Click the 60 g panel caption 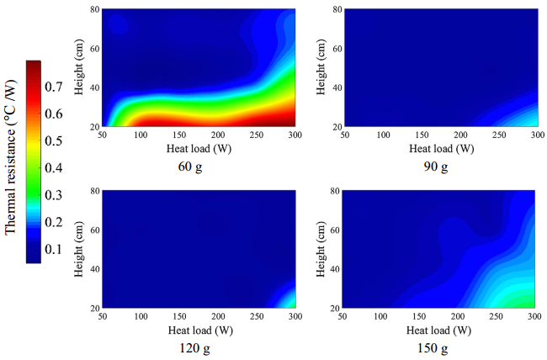199,166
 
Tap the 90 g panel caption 436,166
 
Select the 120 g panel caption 199,347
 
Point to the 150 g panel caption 436,347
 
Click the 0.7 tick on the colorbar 53,87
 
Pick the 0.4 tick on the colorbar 53,168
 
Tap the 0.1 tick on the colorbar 53,250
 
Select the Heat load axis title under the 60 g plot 199,147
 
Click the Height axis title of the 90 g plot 320,67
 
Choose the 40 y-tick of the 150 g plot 332,269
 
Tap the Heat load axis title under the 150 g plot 436,329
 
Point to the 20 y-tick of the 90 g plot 332,126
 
